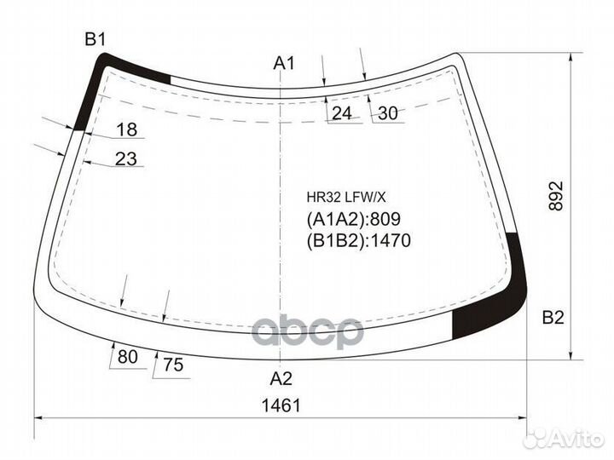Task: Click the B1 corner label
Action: click(x=96, y=39)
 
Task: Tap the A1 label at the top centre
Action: click(x=284, y=63)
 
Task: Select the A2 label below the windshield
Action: click(x=281, y=378)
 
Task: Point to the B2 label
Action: click(x=553, y=318)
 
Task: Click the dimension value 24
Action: click(x=342, y=113)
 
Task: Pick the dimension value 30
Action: click(x=388, y=113)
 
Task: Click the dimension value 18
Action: click(x=127, y=129)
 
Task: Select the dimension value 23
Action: click(x=126, y=158)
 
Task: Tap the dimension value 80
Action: click(x=128, y=357)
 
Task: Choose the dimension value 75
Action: click(x=173, y=365)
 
